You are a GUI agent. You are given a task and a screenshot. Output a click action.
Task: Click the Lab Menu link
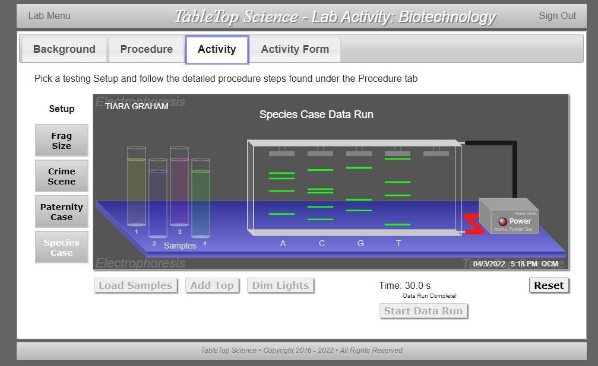[x=49, y=16]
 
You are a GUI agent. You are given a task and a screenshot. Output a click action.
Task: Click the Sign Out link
[x=557, y=16]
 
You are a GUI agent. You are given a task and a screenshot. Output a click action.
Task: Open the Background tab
[x=64, y=49]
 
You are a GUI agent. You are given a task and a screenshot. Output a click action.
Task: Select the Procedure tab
[x=146, y=49]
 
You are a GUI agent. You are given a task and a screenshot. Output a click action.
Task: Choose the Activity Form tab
[x=295, y=49]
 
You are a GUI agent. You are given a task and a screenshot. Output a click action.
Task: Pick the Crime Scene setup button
[x=62, y=176]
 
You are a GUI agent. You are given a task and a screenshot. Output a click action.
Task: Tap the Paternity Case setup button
[x=62, y=212]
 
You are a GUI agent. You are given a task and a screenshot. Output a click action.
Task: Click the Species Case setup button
[x=62, y=247]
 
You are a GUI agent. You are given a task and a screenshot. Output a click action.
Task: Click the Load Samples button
[x=135, y=285]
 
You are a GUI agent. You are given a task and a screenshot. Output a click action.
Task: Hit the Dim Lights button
[x=280, y=285]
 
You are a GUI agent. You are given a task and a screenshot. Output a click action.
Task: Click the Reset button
[x=548, y=285]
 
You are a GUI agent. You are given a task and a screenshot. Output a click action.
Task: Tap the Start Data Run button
[x=423, y=311]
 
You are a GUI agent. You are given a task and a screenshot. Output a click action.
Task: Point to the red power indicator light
[x=502, y=221]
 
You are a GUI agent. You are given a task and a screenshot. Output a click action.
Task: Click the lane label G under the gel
[x=360, y=243]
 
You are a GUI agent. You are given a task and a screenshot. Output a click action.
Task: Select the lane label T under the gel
[x=398, y=243]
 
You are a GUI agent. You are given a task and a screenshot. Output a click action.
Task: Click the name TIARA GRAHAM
[x=137, y=106]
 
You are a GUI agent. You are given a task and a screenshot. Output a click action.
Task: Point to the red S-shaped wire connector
[x=474, y=224]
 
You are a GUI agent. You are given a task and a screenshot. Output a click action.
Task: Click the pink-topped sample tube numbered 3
[x=179, y=190]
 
